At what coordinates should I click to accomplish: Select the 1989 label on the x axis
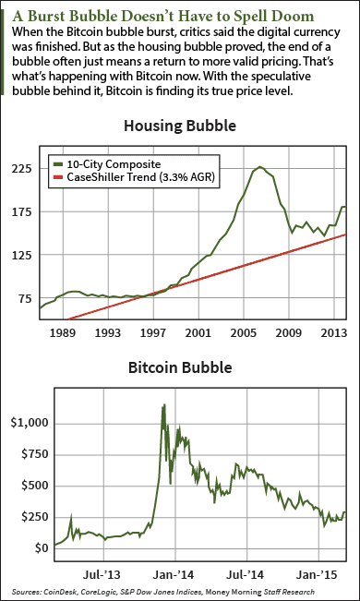(x=63, y=331)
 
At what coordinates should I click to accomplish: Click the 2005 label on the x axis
(x=243, y=331)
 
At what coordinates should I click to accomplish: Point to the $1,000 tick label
(x=26, y=423)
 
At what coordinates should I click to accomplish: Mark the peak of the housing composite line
(x=261, y=166)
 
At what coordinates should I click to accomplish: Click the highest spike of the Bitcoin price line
(x=163, y=404)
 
